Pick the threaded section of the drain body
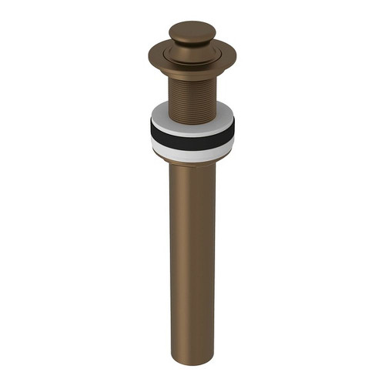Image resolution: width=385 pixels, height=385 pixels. pyautogui.click(x=192, y=85)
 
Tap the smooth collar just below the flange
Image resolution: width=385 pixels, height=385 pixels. pyautogui.click(x=192, y=68)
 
